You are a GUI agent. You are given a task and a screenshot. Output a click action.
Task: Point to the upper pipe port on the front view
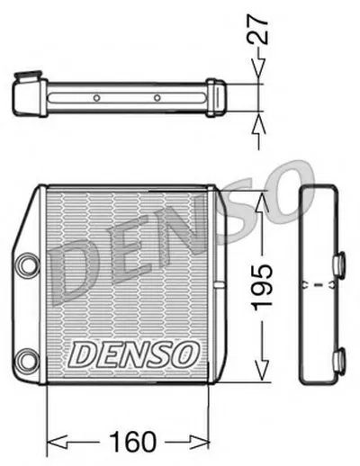(25, 265)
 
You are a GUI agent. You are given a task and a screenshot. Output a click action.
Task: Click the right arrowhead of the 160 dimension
(208, 441)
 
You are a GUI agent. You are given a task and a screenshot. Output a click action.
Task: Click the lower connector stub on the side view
(339, 361)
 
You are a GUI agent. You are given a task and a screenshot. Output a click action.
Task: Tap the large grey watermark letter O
(290, 192)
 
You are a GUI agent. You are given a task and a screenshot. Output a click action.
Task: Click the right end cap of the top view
(216, 94)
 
